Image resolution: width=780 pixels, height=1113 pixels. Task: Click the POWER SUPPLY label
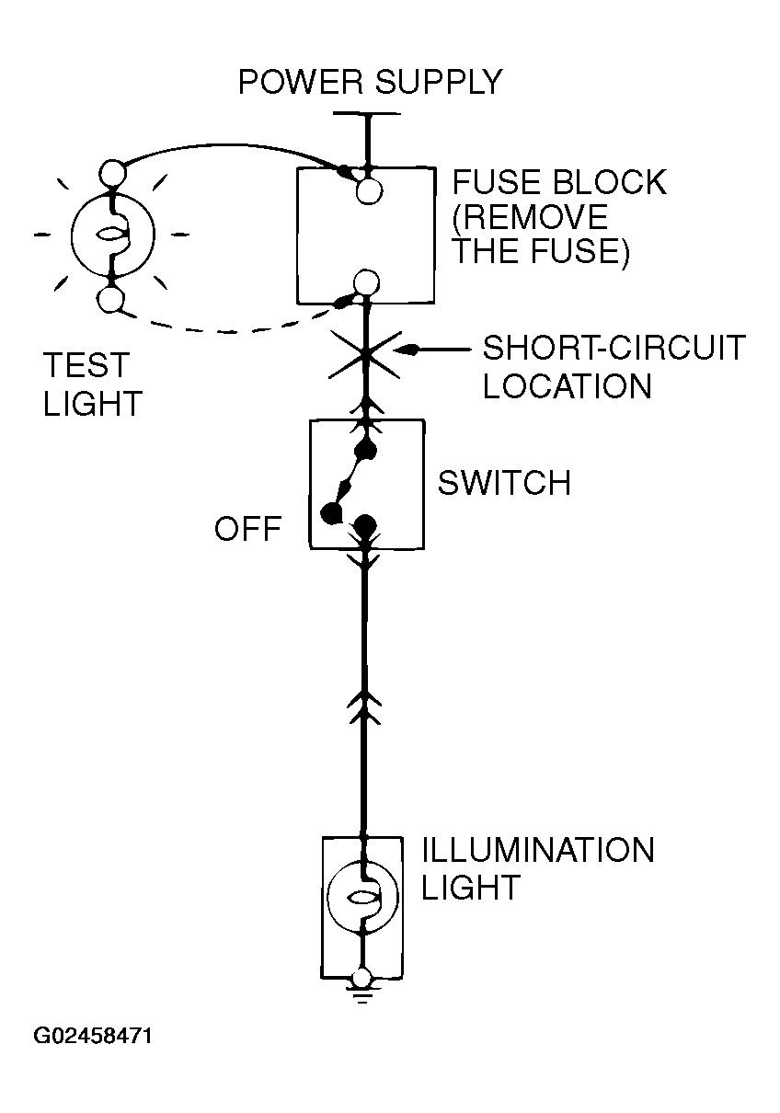(370, 82)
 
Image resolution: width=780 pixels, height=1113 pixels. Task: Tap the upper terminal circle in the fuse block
(369, 190)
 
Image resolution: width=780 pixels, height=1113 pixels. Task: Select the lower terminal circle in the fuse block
(366, 282)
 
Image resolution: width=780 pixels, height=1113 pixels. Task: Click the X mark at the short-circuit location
(364, 355)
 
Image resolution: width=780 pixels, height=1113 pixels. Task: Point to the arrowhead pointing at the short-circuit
(406, 350)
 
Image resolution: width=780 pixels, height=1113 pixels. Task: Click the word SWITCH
(504, 483)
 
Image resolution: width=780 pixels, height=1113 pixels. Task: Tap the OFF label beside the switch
(248, 528)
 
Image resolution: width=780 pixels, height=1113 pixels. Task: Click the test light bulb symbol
(113, 234)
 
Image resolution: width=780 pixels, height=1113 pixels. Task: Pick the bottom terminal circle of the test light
(110, 300)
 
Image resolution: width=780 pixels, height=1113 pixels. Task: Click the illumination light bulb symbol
(362, 898)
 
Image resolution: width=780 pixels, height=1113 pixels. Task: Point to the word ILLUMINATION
(538, 850)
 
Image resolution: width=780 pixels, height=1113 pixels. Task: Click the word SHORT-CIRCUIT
(614, 348)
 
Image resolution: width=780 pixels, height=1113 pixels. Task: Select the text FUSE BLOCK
(559, 182)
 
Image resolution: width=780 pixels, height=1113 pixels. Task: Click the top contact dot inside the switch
(366, 451)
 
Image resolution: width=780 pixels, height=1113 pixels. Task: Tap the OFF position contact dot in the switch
(330, 512)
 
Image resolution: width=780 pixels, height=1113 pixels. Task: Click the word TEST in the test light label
(86, 365)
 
